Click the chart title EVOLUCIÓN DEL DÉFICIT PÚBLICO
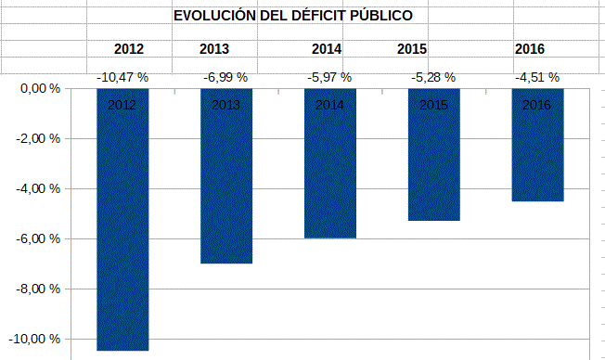point(293,17)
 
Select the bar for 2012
point(122,223)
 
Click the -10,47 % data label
point(122,79)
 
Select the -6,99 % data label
point(226,79)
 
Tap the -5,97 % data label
point(330,79)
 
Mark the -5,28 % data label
point(434,79)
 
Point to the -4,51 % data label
point(537,79)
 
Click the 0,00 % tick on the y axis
point(40,89)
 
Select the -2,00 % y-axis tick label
point(38,139)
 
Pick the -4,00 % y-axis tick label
point(38,189)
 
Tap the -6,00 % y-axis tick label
point(38,239)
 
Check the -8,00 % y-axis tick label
point(38,289)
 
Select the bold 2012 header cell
point(129,49)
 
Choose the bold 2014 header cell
point(327,49)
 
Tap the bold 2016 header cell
point(529,49)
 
